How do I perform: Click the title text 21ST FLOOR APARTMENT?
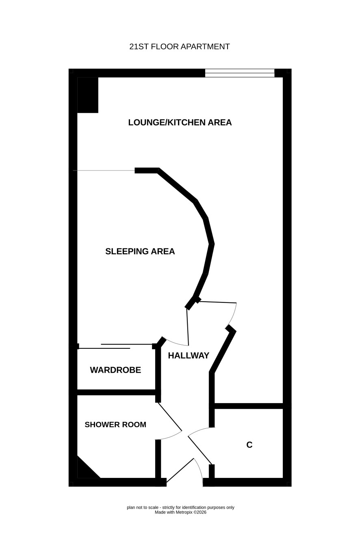tap(180, 47)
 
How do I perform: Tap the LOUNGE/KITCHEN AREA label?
tap(180, 122)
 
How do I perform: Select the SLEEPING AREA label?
tap(140, 251)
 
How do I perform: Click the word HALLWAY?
tap(189, 356)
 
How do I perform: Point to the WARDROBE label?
tap(115, 370)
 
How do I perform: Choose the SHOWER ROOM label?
tap(115, 424)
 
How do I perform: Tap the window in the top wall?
tap(240, 73)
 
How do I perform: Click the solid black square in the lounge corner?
tap(88, 95)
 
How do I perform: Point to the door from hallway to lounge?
tap(218, 302)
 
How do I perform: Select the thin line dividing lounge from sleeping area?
tap(104, 171)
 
